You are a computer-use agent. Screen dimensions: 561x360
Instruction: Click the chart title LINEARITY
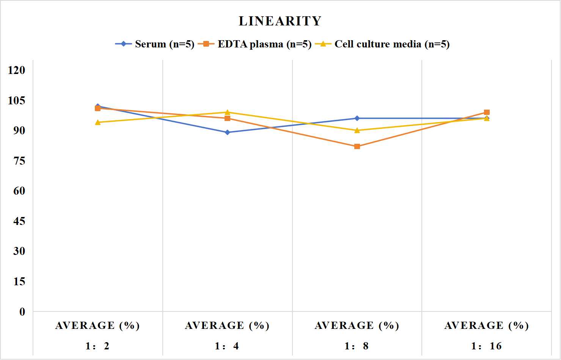[x=280, y=21]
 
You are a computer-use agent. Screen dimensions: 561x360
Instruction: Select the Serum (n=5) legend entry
[x=155, y=44]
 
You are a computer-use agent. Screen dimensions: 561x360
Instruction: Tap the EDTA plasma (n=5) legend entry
[x=255, y=44]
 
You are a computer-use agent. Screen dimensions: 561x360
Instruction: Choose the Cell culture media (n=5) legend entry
[x=382, y=44]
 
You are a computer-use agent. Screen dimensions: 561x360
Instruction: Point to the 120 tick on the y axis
[x=17, y=70]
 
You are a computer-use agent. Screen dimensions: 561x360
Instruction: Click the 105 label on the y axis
[x=17, y=101]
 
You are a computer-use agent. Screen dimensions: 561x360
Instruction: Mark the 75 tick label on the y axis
[x=19, y=161]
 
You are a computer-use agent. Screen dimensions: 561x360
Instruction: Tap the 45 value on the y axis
[x=19, y=221]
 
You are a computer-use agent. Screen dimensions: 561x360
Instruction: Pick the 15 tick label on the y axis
[x=19, y=281]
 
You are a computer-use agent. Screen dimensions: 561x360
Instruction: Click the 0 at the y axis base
[x=22, y=312]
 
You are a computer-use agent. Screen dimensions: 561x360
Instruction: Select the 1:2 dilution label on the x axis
[x=97, y=346]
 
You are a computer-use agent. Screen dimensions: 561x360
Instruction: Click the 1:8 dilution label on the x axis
[x=357, y=346]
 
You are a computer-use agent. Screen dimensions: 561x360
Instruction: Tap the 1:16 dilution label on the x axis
[x=486, y=346]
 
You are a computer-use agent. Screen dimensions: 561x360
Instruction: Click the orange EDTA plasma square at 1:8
[x=357, y=146]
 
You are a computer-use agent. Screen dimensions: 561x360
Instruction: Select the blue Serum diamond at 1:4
[x=228, y=132]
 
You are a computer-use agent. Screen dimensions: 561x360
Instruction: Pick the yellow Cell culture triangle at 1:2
[x=98, y=122]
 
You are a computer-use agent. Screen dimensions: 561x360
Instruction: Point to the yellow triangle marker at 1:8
[x=357, y=130]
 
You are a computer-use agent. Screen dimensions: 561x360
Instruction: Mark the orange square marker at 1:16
[x=487, y=112]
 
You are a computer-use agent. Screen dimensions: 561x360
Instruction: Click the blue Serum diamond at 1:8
[x=357, y=118]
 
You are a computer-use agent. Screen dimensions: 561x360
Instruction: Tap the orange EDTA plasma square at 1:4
[x=228, y=118]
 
